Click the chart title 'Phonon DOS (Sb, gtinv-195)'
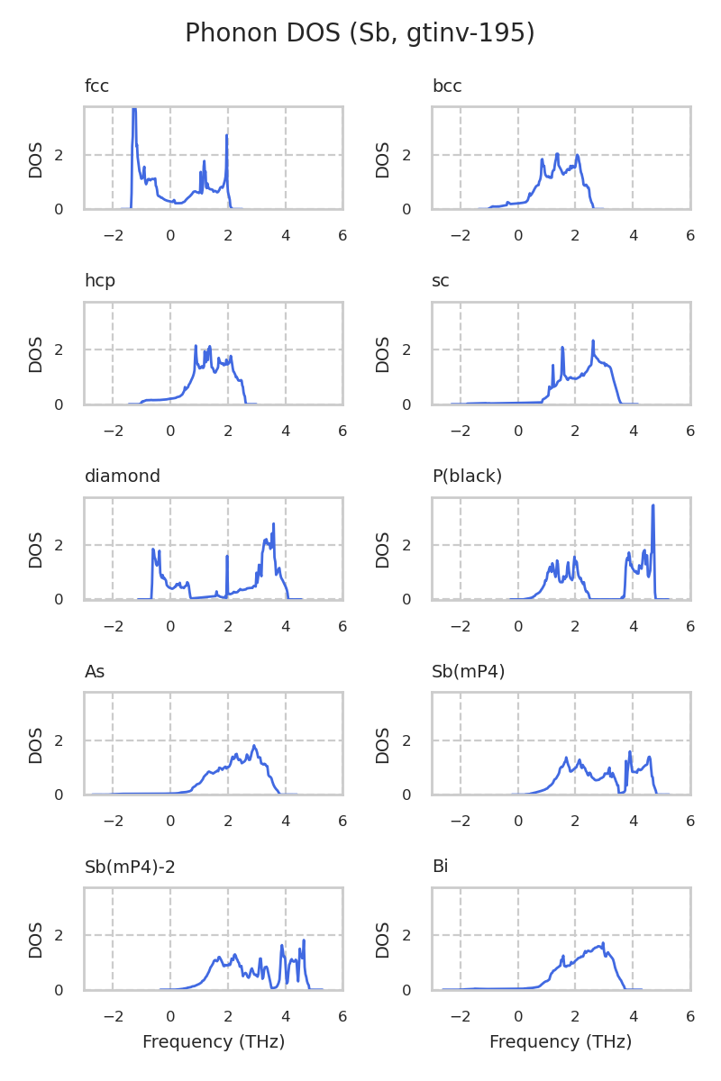pos(360,33)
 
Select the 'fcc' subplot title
pos(96,86)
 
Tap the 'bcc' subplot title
pos(447,86)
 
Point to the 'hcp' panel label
pos(99,281)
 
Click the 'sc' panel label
pos(441,281)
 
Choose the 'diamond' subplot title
pos(122,477)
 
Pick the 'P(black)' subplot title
pos(467,477)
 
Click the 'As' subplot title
pos(95,672)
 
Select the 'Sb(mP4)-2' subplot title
pos(130,868)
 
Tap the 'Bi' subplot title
pos(440,868)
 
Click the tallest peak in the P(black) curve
pos(653,506)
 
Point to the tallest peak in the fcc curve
pos(134,110)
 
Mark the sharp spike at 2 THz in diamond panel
pos(227,556)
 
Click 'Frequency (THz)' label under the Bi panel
pos(561,1042)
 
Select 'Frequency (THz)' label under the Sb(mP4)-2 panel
pos(214,1042)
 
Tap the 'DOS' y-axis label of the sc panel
pos(383,354)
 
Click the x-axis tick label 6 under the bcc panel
pos(690,236)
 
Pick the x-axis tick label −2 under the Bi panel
pos(461,1017)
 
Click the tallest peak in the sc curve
pos(593,341)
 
